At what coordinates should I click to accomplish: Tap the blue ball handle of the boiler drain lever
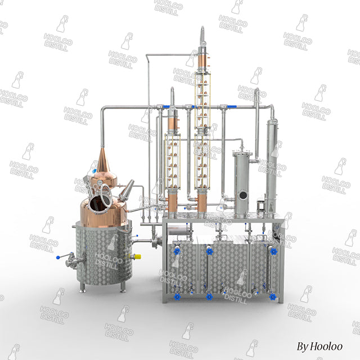coord(58,258)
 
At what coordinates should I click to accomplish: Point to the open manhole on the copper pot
coord(99,202)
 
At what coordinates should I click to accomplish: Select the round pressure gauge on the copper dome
coord(100,183)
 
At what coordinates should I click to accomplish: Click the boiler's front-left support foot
coord(83,287)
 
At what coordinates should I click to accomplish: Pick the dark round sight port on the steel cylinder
coord(243,196)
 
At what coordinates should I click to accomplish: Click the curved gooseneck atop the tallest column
coord(202,34)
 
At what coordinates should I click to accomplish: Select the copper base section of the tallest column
coord(202,202)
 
